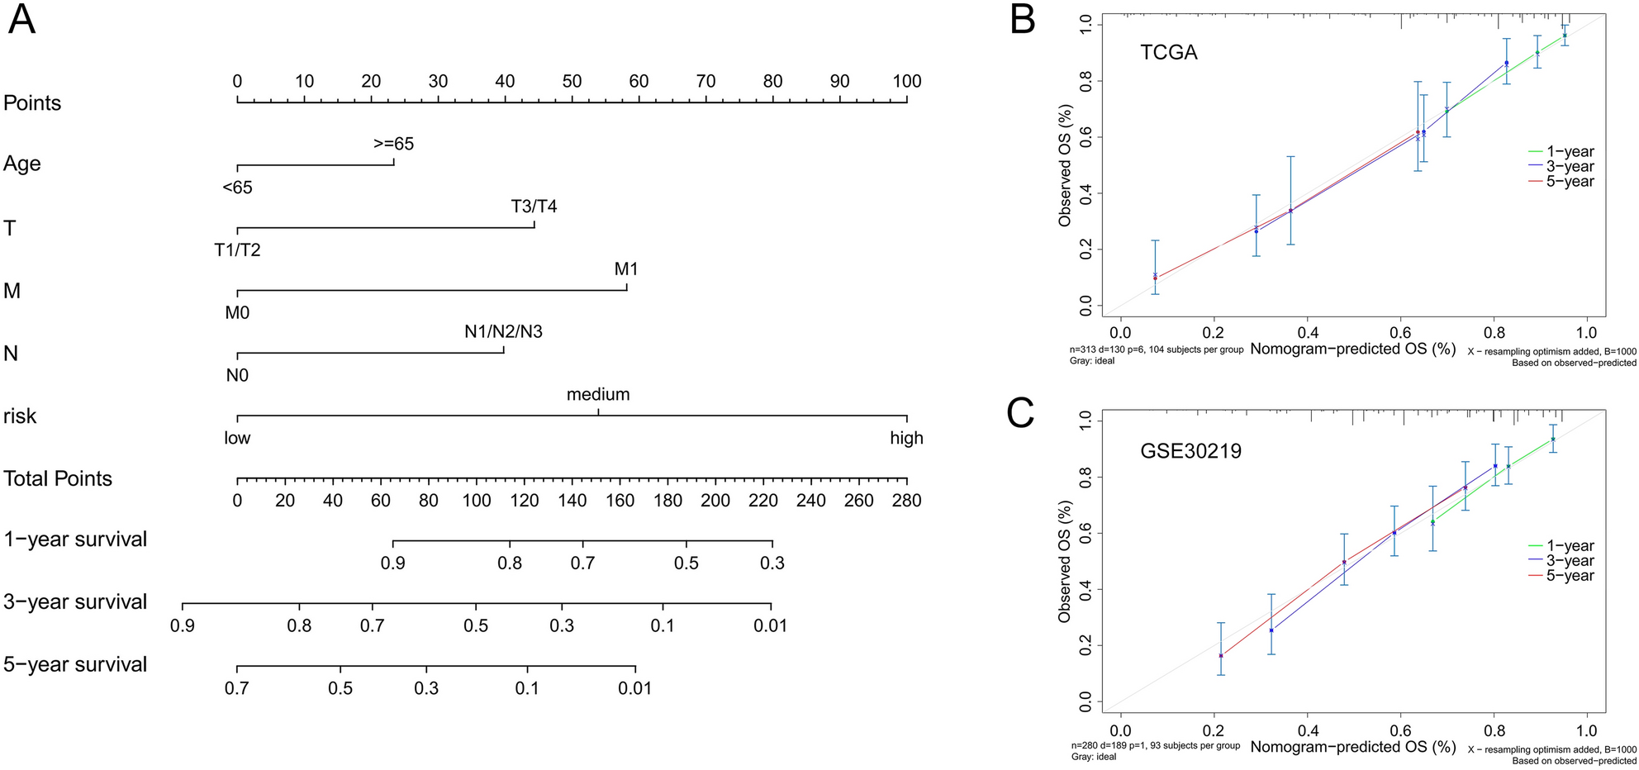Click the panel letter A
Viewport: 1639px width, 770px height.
pos(21,18)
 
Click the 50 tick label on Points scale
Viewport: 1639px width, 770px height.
pos(572,81)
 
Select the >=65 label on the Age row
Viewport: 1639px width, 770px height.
pos(393,144)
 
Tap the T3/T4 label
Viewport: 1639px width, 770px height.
pos(534,207)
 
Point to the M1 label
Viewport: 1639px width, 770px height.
pos(626,269)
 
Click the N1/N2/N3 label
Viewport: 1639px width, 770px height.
pos(503,332)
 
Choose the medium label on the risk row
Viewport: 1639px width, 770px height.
pos(598,395)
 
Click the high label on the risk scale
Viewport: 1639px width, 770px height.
pos(906,439)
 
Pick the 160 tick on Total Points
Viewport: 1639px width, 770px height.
pos(620,501)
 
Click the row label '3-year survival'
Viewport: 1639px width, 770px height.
pos(75,602)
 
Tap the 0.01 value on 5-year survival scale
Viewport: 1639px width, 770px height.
pos(635,688)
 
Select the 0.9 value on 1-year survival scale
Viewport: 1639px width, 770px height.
pos(393,563)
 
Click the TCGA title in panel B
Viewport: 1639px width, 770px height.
pos(1168,53)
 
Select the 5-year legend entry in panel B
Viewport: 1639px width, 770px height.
pos(1569,182)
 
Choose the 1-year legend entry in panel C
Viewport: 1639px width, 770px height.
pos(1569,546)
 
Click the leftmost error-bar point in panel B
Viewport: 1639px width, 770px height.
pos(1155,278)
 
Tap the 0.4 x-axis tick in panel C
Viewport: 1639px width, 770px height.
pos(1307,731)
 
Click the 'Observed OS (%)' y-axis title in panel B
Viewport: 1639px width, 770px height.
pos(1065,165)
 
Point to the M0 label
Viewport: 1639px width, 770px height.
pos(237,313)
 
